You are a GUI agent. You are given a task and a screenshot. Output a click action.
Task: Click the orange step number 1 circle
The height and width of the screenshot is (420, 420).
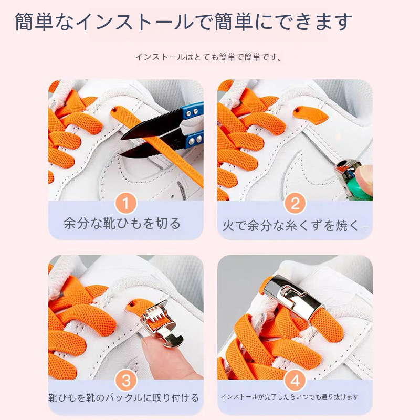click(126, 203)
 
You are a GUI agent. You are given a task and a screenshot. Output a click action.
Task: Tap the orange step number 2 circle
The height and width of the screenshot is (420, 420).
click(295, 203)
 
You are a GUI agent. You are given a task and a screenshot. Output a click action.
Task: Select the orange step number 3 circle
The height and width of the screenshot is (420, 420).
click(126, 380)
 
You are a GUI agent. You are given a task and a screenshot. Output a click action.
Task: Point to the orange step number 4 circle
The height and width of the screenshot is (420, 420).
click(295, 380)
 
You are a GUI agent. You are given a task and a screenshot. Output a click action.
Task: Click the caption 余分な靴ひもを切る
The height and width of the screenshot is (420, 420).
click(122, 224)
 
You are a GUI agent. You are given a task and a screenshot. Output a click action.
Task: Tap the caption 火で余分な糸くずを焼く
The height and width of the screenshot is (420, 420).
click(290, 225)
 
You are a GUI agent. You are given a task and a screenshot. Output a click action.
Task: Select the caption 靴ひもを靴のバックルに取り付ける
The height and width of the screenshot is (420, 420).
click(123, 398)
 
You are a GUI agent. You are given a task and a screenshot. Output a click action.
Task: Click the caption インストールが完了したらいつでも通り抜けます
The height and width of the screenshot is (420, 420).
click(290, 397)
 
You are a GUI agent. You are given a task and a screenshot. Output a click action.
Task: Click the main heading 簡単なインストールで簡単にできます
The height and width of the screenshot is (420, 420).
click(183, 22)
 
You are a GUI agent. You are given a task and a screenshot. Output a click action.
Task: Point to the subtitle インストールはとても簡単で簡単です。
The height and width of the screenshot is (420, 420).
click(209, 57)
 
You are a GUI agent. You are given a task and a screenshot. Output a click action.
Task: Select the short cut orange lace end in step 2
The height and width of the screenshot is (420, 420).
click(311, 114)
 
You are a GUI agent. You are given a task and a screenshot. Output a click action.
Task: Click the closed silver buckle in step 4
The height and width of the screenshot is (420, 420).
click(294, 297)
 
